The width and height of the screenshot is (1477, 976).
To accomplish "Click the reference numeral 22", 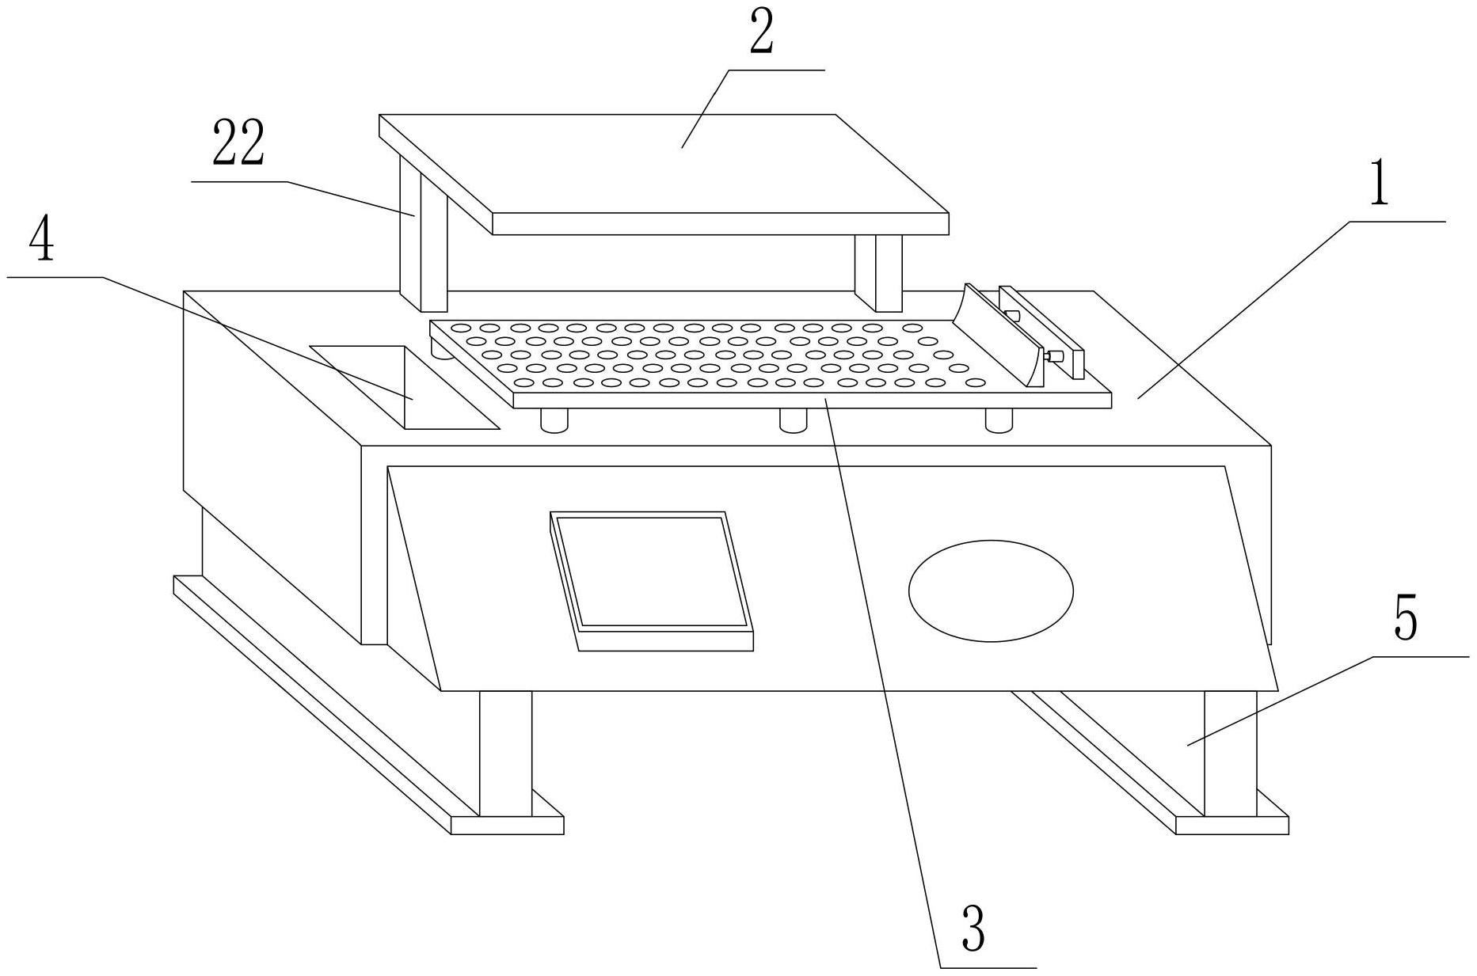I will pos(238,143).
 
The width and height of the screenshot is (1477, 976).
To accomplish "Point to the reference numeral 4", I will pos(42,238).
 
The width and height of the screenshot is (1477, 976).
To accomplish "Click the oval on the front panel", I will pos(991,591).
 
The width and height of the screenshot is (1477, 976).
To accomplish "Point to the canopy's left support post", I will pos(424,237).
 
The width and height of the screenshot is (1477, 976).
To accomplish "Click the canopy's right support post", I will pos(878,273).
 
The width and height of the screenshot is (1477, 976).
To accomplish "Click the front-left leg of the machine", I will pos(505,752).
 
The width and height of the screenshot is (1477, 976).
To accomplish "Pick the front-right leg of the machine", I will pos(1230,752).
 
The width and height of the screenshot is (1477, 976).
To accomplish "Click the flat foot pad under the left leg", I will pos(507,824).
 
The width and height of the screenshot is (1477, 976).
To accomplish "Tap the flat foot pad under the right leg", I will pos(1231,824).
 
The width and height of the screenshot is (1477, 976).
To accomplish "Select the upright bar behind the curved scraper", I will pos(1041,332).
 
